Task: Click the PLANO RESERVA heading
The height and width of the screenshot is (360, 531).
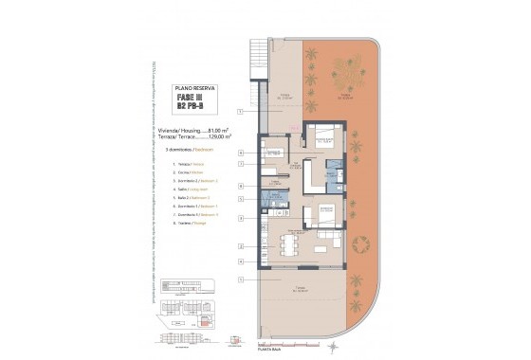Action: pyautogui.click(x=193, y=86)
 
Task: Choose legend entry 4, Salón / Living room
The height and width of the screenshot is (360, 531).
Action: pyautogui.click(x=192, y=189)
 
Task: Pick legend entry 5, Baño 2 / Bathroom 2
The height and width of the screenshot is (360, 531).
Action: pyautogui.click(x=192, y=197)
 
